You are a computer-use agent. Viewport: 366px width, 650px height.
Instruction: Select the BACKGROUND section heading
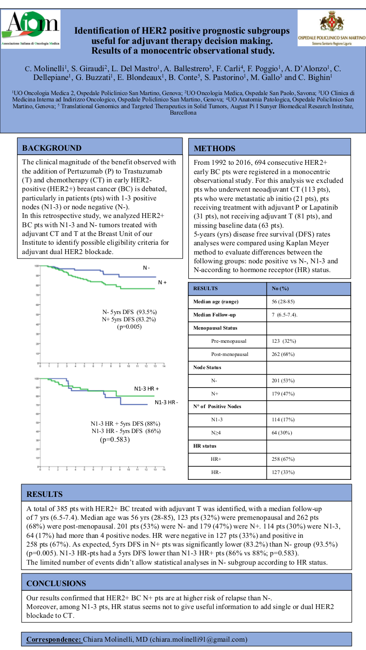52,148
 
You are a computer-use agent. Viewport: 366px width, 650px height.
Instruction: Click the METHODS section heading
215,149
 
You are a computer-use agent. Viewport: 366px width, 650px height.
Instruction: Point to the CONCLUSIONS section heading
56,583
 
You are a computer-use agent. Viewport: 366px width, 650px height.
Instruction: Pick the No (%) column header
280,288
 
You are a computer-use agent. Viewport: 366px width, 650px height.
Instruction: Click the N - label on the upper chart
146,268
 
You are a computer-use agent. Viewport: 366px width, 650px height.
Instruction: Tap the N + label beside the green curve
163,282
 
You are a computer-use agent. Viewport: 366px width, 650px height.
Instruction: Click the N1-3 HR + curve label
147,389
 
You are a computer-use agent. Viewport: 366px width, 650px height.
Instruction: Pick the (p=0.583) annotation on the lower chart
115,439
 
